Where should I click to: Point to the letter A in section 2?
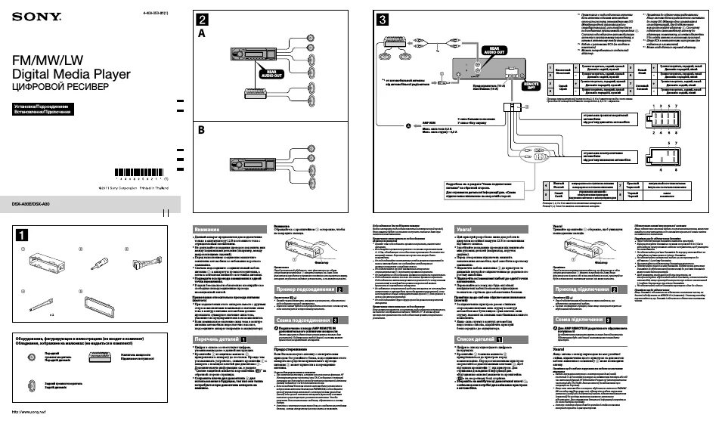coord(202,35)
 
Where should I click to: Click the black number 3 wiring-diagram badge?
coord(383,20)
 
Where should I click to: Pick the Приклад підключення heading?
coord(590,289)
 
